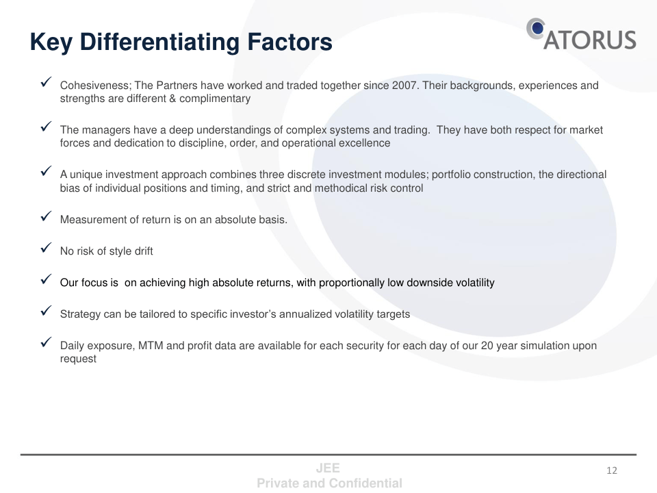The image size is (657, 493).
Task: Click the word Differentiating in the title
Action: [160, 42]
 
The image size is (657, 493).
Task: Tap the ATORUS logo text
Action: [590, 40]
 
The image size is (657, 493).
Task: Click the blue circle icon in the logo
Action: [537, 29]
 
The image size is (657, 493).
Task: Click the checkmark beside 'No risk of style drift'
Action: [46, 248]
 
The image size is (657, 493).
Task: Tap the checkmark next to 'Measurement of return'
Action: [46, 216]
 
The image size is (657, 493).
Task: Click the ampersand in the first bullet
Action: [172, 99]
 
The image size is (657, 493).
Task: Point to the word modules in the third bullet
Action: [407, 175]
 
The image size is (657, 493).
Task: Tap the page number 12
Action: [612, 470]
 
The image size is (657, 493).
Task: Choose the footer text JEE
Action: [328, 468]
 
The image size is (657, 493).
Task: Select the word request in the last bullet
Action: [78, 359]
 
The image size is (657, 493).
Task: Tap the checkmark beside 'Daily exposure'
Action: [46, 342]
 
